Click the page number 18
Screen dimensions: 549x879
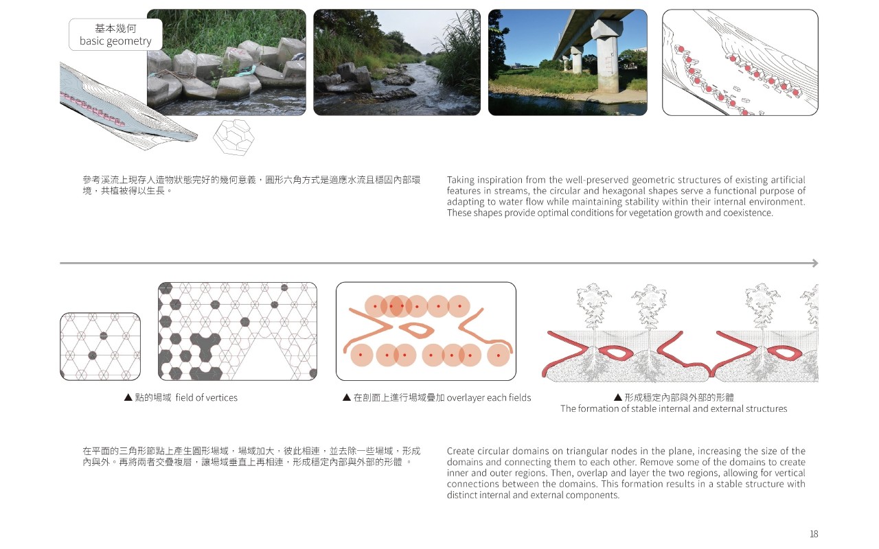pos(814,534)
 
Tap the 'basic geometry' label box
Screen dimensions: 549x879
pos(115,34)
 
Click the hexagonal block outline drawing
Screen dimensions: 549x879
pos(233,136)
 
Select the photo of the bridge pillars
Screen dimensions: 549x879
pos(567,62)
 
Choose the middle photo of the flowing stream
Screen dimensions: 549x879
pos(397,62)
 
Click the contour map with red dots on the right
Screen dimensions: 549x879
pos(740,62)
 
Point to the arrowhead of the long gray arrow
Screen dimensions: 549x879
pos(815,263)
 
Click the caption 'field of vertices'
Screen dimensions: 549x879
pos(206,397)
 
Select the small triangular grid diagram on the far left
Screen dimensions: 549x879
pos(100,347)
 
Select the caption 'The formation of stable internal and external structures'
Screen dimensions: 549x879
pos(673,408)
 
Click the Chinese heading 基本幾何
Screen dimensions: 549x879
pos(115,28)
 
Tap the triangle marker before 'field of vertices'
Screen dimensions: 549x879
pos(128,397)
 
